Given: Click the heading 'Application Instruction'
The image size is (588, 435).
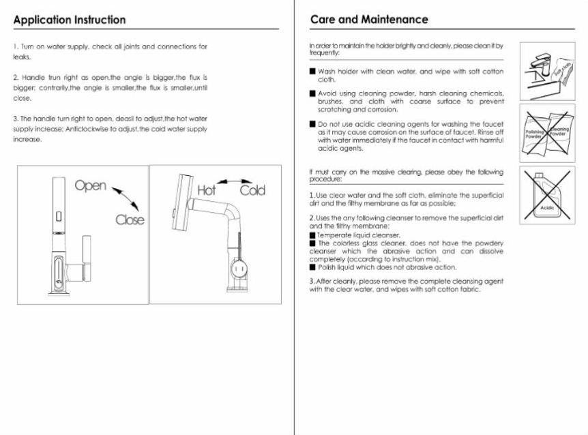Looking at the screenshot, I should pyautogui.click(x=69, y=20).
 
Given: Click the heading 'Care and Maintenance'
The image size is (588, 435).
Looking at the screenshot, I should pyautogui.click(x=369, y=20).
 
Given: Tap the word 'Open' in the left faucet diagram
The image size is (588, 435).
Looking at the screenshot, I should pyautogui.click(x=90, y=185).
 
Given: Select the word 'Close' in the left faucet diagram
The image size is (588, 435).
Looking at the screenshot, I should pyautogui.click(x=130, y=220).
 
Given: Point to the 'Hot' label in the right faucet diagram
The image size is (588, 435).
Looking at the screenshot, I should pyautogui.click(x=206, y=190).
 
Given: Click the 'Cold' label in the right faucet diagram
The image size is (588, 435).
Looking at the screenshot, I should pyautogui.click(x=252, y=190).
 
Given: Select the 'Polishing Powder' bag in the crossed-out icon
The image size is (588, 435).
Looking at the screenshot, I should pyautogui.click(x=535, y=133).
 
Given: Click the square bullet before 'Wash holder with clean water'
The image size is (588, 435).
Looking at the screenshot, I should pyautogui.click(x=312, y=71).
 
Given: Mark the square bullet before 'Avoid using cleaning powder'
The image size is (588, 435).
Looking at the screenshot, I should pyautogui.click(x=312, y=93).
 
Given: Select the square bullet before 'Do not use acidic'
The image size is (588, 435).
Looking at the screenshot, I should pyautogui.click(x=312, y=124).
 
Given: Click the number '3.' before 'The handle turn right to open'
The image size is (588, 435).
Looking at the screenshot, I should pyautogui.click(x=16, y=119).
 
